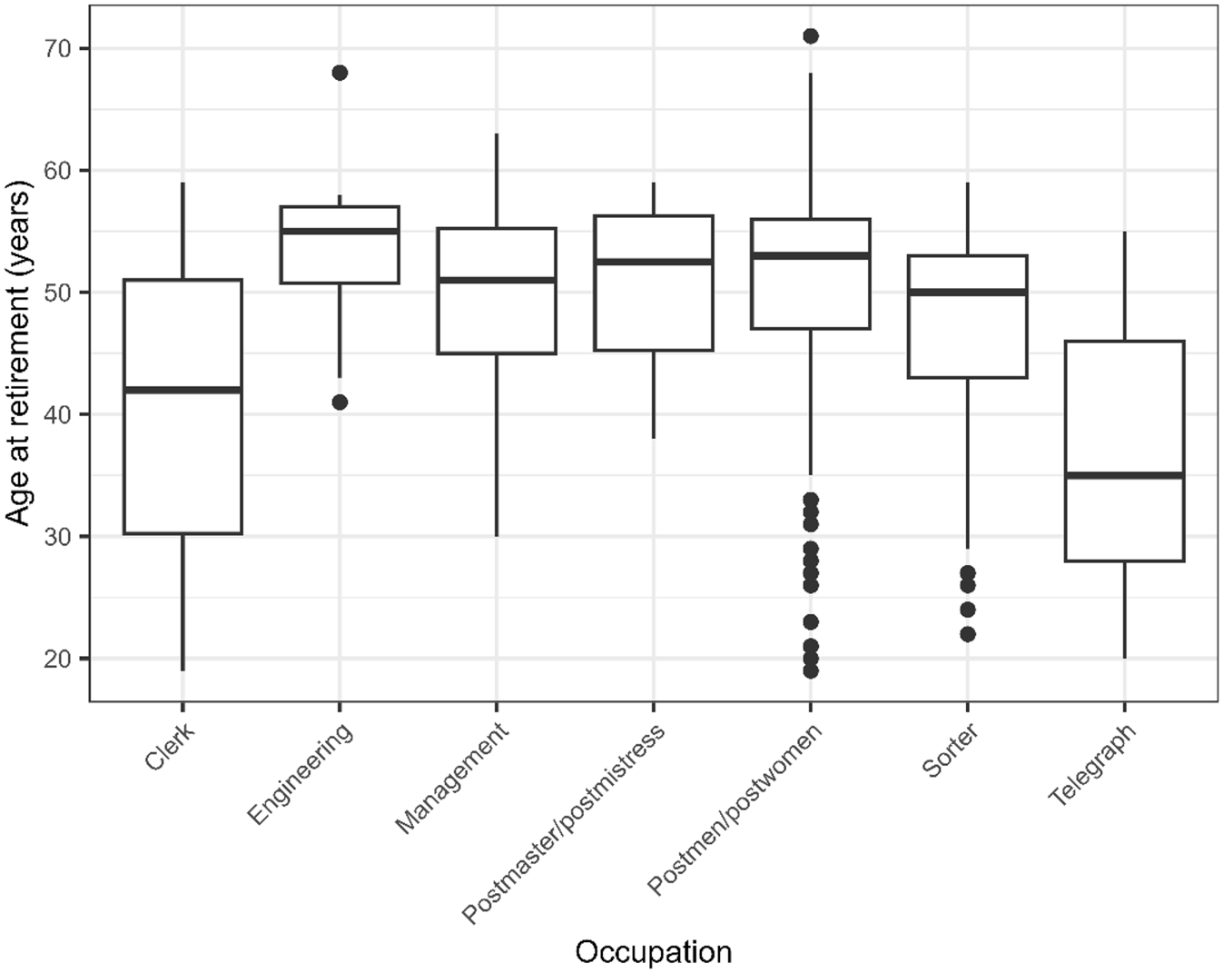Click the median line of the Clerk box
(182, 390)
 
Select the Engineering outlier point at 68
(340, 73)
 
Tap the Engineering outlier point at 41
(340, 402)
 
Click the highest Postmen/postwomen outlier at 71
(811, 36)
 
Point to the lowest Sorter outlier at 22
(968, 634)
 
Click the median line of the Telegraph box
(1124, 475)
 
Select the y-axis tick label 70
(59, 48)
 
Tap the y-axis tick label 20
(59, 659)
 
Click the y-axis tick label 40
(59, 415)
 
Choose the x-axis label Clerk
(170, 746)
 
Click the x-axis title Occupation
(653, 952)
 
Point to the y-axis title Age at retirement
(19, 352)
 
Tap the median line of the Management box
(497, 280)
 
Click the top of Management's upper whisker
(497, 134)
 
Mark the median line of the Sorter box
(968, 292)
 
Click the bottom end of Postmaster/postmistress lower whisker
(654, 438)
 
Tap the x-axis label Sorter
(951, 750)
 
